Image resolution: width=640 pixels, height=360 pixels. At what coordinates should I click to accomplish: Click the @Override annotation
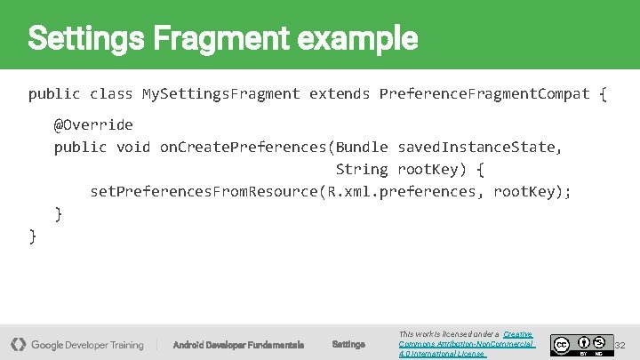click(x=93, y=124)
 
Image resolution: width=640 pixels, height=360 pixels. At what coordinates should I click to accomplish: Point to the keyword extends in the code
click(x=340, y=93)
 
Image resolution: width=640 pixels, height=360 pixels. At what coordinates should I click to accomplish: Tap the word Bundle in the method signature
click(x=362, y=147)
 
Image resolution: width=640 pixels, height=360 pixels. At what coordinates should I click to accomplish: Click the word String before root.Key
click(x=362, y=169)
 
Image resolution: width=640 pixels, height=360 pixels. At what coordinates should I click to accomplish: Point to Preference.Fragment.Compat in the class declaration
click(x=484, y=93)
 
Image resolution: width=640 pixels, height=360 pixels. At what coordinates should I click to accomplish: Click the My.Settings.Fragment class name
click(x=221, y=93)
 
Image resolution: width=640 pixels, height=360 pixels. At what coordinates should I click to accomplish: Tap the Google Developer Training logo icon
click(x=18, y=344)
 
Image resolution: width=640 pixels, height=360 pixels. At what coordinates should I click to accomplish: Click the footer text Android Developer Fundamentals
click(x=238, y=345)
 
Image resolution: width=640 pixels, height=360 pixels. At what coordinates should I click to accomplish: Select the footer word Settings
click(x=348, y=345)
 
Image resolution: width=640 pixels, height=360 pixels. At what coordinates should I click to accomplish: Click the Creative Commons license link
click(x=466, y=344)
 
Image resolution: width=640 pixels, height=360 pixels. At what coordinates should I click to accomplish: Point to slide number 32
click(x=620, y=345)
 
